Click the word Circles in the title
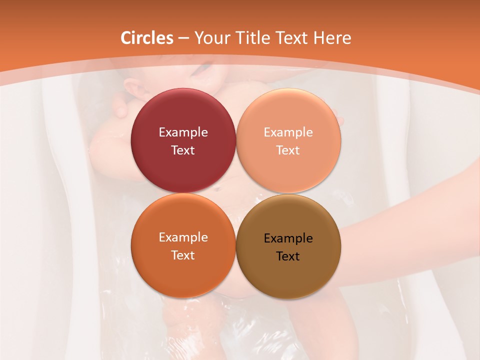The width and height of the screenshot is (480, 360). pyautogui.click(x=146, y=38)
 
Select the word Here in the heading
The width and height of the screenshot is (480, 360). pyautogui.click(x=332, y=38)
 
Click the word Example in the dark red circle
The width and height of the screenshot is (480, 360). pyautogui.click(x=183, y=132)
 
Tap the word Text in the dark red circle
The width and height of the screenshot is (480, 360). pyautogui.click(x=183, y=150)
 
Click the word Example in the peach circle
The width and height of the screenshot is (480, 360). pyautogui.click(x=288, y=132)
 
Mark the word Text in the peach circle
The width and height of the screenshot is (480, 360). pyautogui.click(x=288, y=150)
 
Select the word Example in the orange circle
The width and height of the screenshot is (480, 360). pyautogui.click(x=183, y=237)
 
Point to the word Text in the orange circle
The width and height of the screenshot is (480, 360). pyautogui.click(x=183, y=255)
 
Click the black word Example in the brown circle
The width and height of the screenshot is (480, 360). pyautogui.click(x=288, y=238)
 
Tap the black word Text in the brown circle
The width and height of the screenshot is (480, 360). pyautogui.click(x=288, y=256)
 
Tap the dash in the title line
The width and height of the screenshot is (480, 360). pyautogui.click(x=183, y=38)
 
